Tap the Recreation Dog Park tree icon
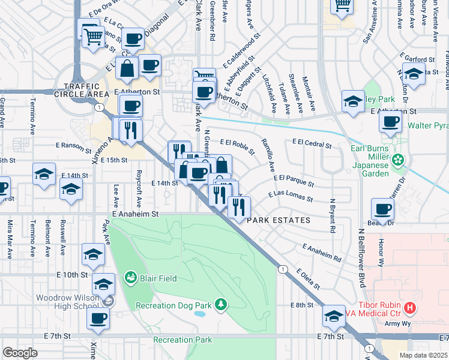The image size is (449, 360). (221, 305)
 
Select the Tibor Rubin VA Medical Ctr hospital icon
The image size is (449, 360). (410, 309)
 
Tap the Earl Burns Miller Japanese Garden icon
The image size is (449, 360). (397, 160)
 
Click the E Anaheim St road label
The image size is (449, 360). (134, 214)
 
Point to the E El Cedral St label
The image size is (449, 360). (312, 143)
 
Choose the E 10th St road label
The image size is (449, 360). (74, 275)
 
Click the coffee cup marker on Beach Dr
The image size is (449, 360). (382, 210)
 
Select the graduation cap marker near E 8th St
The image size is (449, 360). (334, 315)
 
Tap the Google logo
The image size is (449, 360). (20, 352)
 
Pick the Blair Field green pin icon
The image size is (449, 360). (130, 278)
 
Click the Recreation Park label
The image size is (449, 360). (182, 340)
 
